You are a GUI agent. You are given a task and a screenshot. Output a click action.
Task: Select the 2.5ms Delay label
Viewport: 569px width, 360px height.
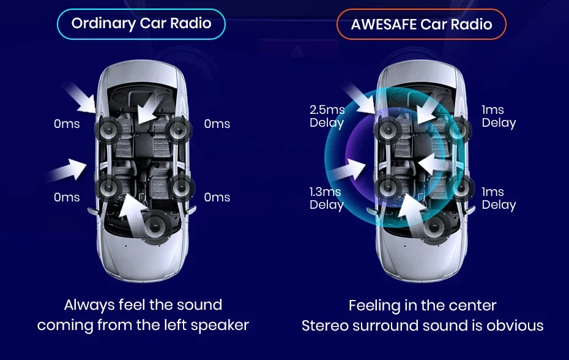tap(327, 116)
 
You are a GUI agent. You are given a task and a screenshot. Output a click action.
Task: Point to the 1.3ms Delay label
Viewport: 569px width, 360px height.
tap(327, 198)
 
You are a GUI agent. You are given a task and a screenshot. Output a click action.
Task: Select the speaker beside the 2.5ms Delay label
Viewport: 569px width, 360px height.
tap(387, 130)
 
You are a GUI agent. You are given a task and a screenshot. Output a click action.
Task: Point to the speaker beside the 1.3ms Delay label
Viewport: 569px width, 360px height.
tap(387, 188)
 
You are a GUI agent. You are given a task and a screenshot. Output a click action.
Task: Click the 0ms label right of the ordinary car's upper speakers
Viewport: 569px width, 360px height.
tap(217, 124)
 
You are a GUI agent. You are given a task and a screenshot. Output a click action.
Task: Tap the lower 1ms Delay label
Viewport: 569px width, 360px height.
tap(499, 198)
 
